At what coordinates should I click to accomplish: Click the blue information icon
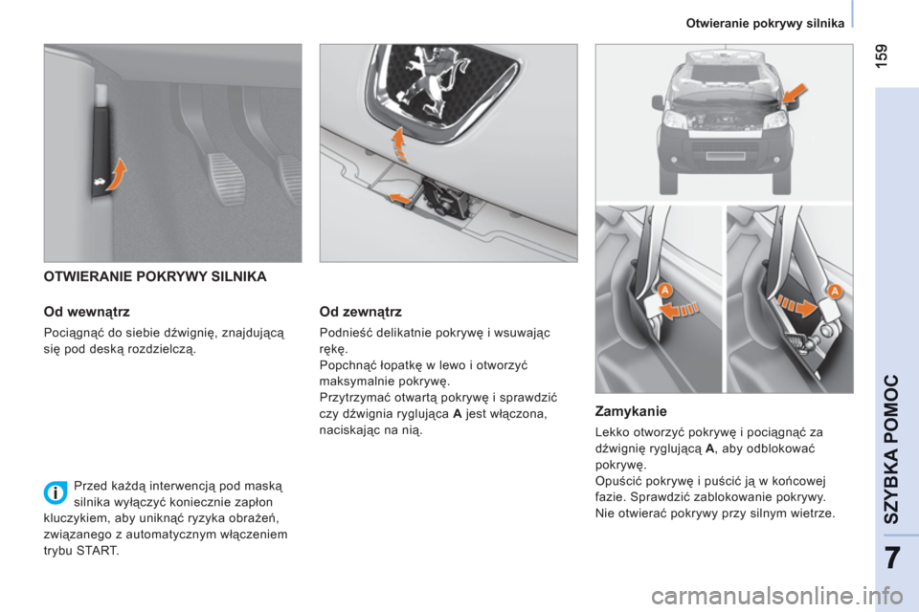56,493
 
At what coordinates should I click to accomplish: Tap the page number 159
882,55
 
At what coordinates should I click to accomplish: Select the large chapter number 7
892,558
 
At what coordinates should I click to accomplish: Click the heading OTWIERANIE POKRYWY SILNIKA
155,277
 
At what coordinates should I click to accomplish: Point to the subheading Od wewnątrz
87,312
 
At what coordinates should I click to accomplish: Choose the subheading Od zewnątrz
361,312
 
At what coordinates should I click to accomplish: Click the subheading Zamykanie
631,411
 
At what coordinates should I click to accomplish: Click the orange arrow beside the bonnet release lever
117,175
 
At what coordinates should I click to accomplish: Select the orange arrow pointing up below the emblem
399,143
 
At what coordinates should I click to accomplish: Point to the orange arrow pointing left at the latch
400,198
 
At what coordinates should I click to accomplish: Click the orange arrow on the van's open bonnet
795,93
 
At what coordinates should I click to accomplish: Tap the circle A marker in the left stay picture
664,291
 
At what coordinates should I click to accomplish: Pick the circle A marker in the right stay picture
835,291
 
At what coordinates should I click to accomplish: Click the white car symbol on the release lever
100,184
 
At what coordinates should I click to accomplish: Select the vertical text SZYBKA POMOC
891,449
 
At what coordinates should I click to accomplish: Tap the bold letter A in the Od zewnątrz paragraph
458,414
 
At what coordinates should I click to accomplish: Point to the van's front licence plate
725,156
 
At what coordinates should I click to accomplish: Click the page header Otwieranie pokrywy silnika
765,23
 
